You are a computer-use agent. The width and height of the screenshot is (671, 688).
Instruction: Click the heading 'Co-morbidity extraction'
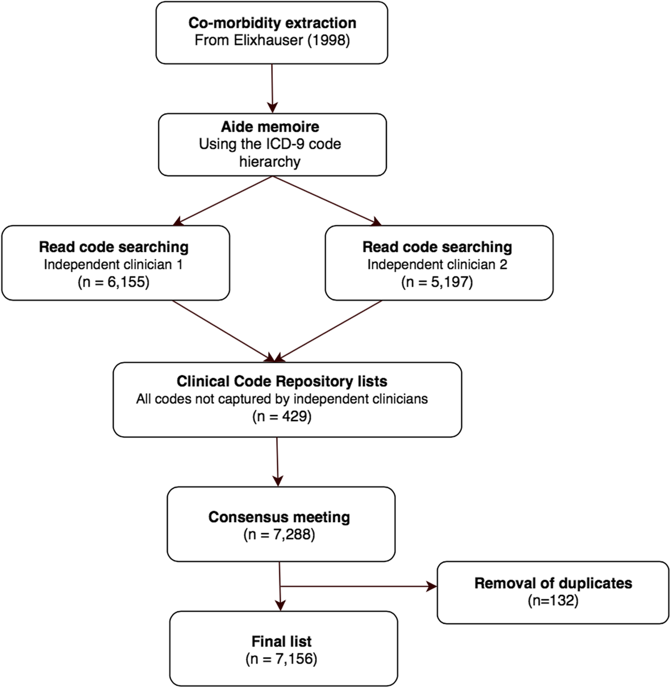click(x=272, y=23)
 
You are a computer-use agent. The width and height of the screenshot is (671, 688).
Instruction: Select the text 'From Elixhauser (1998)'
click(x=272, y=40)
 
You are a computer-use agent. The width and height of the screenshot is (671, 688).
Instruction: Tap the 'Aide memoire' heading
click(x=270, y=127)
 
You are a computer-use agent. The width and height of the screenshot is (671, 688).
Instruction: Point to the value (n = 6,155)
click(x=114, y=282)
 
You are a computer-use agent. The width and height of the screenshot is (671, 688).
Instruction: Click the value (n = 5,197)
click(x=437, y=282)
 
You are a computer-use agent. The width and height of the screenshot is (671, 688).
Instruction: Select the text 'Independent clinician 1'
click(x=114, y=265)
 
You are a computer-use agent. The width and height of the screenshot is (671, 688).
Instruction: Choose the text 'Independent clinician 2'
click(x=437, y=265)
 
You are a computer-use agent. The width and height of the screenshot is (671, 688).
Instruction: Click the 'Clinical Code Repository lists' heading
click(x=282, y=381)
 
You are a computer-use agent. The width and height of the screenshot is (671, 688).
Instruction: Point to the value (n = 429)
click(x=282, y=416)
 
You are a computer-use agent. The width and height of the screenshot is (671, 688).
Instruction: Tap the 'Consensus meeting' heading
click(x=279, y=517)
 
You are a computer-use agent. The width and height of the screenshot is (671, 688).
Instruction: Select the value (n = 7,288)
click(x=279, y=535)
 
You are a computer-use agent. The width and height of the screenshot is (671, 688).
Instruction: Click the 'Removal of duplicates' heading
click(x=553, y=583)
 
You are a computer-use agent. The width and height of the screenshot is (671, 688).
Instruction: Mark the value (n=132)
click(x=553, y=601)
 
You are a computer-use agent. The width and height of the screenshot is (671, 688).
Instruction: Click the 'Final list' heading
click(x=282, y=641)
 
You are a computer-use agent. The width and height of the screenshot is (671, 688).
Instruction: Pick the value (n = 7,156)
click(x=282, y=659)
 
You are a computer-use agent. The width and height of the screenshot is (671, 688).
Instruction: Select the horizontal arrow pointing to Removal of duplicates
click(x=358, y=587)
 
